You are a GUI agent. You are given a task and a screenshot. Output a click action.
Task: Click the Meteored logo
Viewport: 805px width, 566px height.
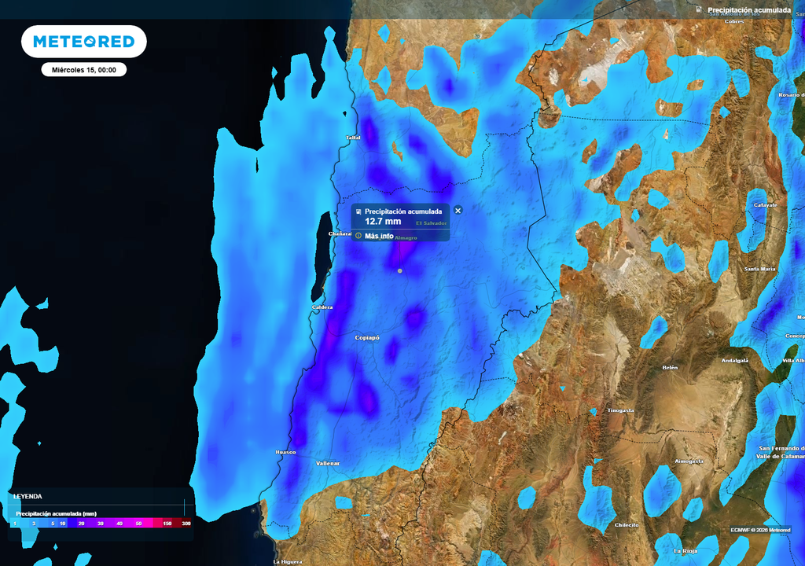83,42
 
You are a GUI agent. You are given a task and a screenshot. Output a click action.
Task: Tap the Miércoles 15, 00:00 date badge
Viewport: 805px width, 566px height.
84,70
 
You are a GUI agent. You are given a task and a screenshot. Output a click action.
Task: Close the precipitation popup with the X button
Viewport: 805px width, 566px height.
458,211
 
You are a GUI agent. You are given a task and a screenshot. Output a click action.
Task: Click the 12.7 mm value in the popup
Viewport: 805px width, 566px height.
383,222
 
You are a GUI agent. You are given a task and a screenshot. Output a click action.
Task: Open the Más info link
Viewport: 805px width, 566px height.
379,236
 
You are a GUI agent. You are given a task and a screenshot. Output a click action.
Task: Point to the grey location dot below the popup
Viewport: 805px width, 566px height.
399,270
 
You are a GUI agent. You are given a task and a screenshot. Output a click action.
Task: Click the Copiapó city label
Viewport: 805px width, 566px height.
366,338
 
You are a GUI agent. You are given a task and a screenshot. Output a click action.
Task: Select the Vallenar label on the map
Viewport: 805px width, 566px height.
328,464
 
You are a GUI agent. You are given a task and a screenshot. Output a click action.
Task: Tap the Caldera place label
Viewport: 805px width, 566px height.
322,307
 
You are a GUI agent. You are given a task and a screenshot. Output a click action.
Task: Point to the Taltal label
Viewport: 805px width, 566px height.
353,138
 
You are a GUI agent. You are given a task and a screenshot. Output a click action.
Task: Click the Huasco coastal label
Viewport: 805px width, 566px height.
285,453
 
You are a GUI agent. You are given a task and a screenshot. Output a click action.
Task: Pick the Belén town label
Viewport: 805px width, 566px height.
670,368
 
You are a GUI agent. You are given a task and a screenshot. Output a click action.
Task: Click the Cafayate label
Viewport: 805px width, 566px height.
765,205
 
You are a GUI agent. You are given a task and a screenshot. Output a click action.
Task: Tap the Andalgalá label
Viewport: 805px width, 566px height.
735,361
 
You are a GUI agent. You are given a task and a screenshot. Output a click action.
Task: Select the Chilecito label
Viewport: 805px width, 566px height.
627,524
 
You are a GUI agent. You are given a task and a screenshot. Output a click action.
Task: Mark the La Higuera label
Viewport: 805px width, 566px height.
287,562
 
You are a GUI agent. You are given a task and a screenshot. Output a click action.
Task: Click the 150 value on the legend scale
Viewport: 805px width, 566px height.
167,524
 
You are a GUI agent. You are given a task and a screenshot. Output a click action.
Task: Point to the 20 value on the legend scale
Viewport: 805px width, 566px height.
82,524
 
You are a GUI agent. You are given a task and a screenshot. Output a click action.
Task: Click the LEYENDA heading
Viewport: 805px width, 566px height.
28,497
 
